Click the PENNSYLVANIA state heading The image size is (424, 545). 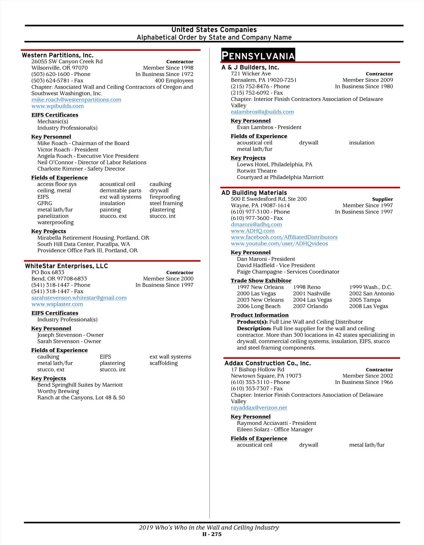point(258,56)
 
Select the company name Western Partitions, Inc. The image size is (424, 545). point(58,55)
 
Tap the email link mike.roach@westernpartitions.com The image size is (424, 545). point(76,100)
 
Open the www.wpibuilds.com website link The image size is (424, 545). point(58,106)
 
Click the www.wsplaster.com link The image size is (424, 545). point(57,304)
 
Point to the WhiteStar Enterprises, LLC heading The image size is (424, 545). point(66,266)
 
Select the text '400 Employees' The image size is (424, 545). point(174,81)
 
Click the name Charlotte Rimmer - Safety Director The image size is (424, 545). point(81,169)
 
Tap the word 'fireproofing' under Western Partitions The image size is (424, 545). point(165,197)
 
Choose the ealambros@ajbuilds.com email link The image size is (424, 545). point(262,112)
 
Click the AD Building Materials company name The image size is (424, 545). point(254,193)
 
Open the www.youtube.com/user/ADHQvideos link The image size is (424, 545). point(279,244)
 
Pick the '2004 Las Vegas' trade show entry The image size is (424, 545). point(312,300)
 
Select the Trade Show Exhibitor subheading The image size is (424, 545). point(261,280)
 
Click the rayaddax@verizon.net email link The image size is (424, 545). point(259,408)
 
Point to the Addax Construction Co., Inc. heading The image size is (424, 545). point(267,363)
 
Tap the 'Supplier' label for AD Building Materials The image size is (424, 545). point(382,199)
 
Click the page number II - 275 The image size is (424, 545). point(212,534)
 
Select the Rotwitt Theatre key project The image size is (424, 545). point(257,171)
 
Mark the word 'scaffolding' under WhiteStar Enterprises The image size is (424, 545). point(164,363)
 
